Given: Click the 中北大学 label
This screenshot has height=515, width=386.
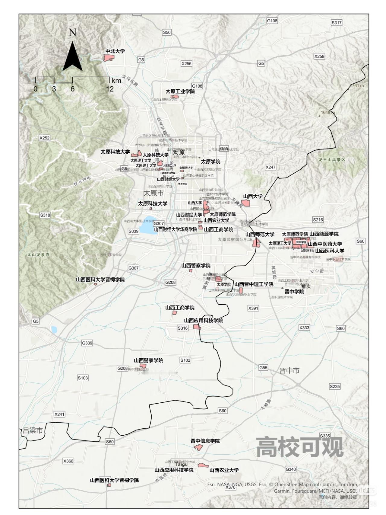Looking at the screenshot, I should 115,51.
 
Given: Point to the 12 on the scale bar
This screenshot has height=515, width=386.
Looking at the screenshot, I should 110,89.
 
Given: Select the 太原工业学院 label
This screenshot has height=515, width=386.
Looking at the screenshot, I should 180,91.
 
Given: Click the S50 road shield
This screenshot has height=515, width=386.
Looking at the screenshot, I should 166,32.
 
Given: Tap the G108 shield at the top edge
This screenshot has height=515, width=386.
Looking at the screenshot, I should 272,21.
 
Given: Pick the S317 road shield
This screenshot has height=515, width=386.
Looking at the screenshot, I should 337,23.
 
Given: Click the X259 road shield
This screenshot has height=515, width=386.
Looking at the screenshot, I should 319,56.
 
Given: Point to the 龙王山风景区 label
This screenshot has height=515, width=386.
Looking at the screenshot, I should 332,159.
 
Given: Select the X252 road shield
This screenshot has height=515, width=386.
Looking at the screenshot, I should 44,138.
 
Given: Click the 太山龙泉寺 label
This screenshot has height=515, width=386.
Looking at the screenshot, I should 38,254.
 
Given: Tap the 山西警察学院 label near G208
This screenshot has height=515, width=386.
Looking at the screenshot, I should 148,360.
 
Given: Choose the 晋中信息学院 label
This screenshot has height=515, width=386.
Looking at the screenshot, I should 205,441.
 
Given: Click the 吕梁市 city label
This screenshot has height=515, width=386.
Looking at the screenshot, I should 33,430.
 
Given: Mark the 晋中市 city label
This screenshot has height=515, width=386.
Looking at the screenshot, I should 289,371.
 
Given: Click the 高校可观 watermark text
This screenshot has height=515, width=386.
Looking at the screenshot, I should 300,447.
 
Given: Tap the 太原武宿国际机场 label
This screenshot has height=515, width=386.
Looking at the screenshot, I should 235,239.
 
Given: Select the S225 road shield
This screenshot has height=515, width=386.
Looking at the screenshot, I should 335,386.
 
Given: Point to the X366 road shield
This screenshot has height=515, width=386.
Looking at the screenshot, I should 68,461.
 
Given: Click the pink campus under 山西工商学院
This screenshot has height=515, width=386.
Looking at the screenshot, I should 174,312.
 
